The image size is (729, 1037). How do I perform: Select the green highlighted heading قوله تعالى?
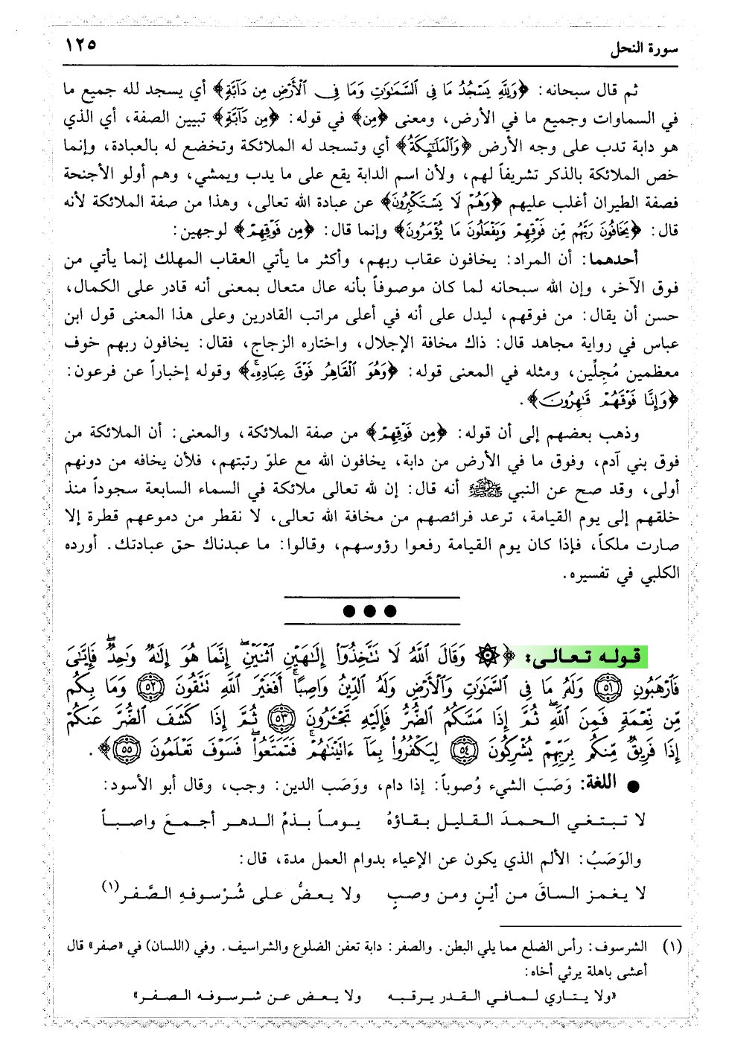pos(605,656)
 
